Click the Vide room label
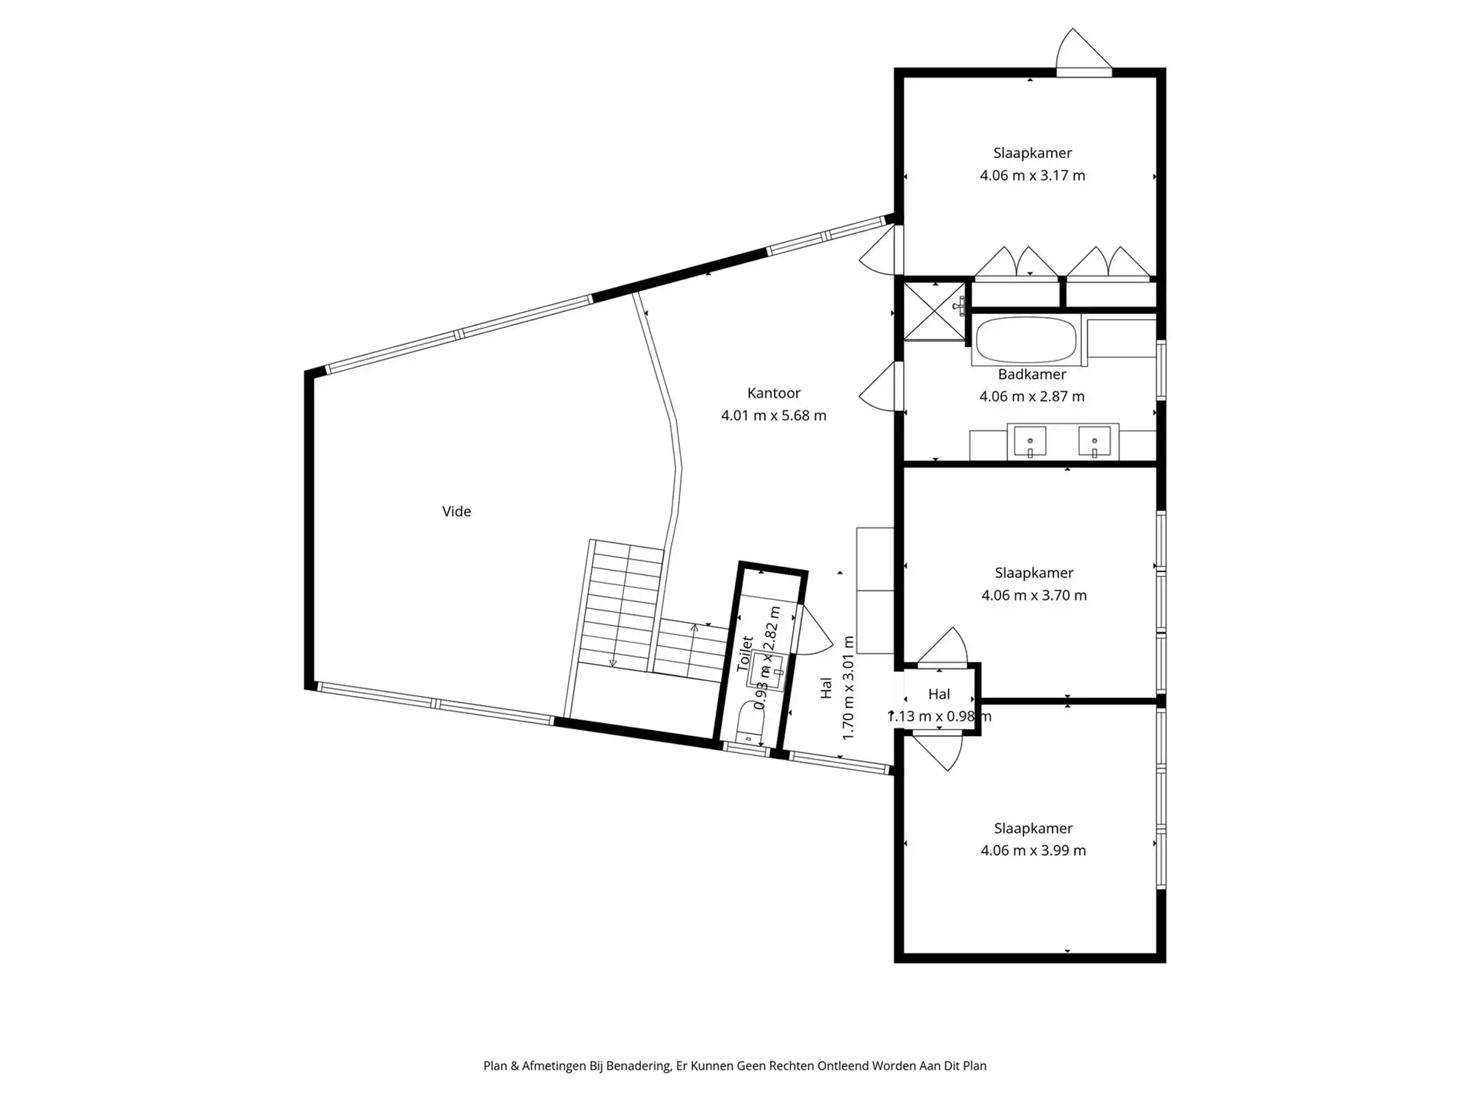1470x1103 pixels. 456,511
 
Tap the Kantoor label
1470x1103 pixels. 774,393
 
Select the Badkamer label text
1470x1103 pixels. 1032,374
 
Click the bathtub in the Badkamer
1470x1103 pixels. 1026,340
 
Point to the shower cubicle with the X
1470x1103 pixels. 935,312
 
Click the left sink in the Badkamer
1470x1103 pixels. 1030,441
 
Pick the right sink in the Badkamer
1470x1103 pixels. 1094,441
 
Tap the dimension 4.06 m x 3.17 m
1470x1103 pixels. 1032,175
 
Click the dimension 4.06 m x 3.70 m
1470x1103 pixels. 1033,595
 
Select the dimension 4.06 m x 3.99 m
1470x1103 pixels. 1033,850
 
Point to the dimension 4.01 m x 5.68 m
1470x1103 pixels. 774,415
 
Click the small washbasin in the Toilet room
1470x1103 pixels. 767,669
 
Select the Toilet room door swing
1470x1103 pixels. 814,631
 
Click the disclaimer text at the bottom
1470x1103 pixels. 735,1065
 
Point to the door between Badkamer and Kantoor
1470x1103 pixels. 880,386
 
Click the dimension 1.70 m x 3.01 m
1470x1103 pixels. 848,688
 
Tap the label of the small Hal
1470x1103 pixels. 939,694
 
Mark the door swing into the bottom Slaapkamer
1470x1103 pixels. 938,752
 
